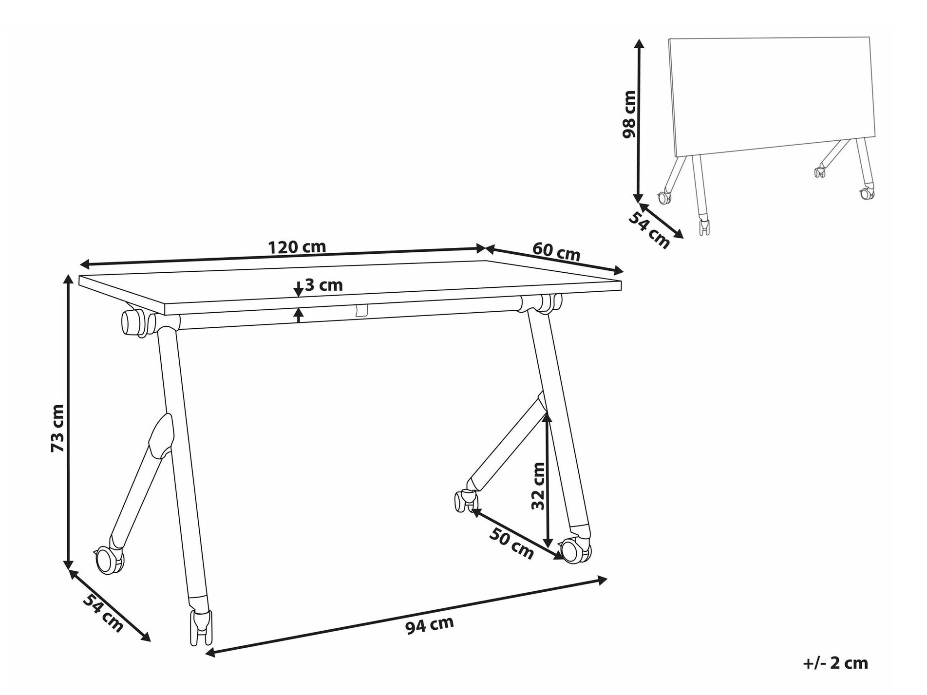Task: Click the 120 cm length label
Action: pyautogui.click(x=297, y=247)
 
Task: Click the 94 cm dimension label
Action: pyautogui.click(x=429, y=625)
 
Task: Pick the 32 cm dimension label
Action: pyautogui.click(x=538, y=486)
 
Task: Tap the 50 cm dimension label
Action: pyautogui.click(x=511, y=543)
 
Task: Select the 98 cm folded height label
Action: pyautogui.click(x=629, y=114)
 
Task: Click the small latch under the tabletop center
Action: pyautogui.click(x=361, y=311)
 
